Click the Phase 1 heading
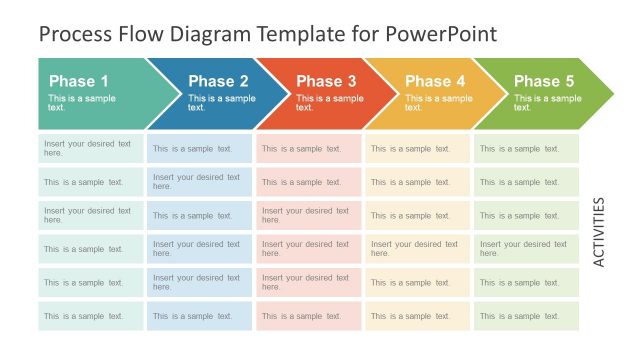point(79,81)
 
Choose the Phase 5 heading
point(544,81)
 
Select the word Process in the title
point(76,35)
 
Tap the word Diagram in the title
point(211,35)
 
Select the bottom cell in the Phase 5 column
point(527,316)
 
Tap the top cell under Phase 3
point(308,148)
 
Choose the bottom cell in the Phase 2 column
point(199,316)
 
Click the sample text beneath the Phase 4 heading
point(439,102)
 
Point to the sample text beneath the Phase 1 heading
point(82,102)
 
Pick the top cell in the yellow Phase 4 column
point(417,148)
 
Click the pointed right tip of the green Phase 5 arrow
point(612,94)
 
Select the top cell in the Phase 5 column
point(527,148)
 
